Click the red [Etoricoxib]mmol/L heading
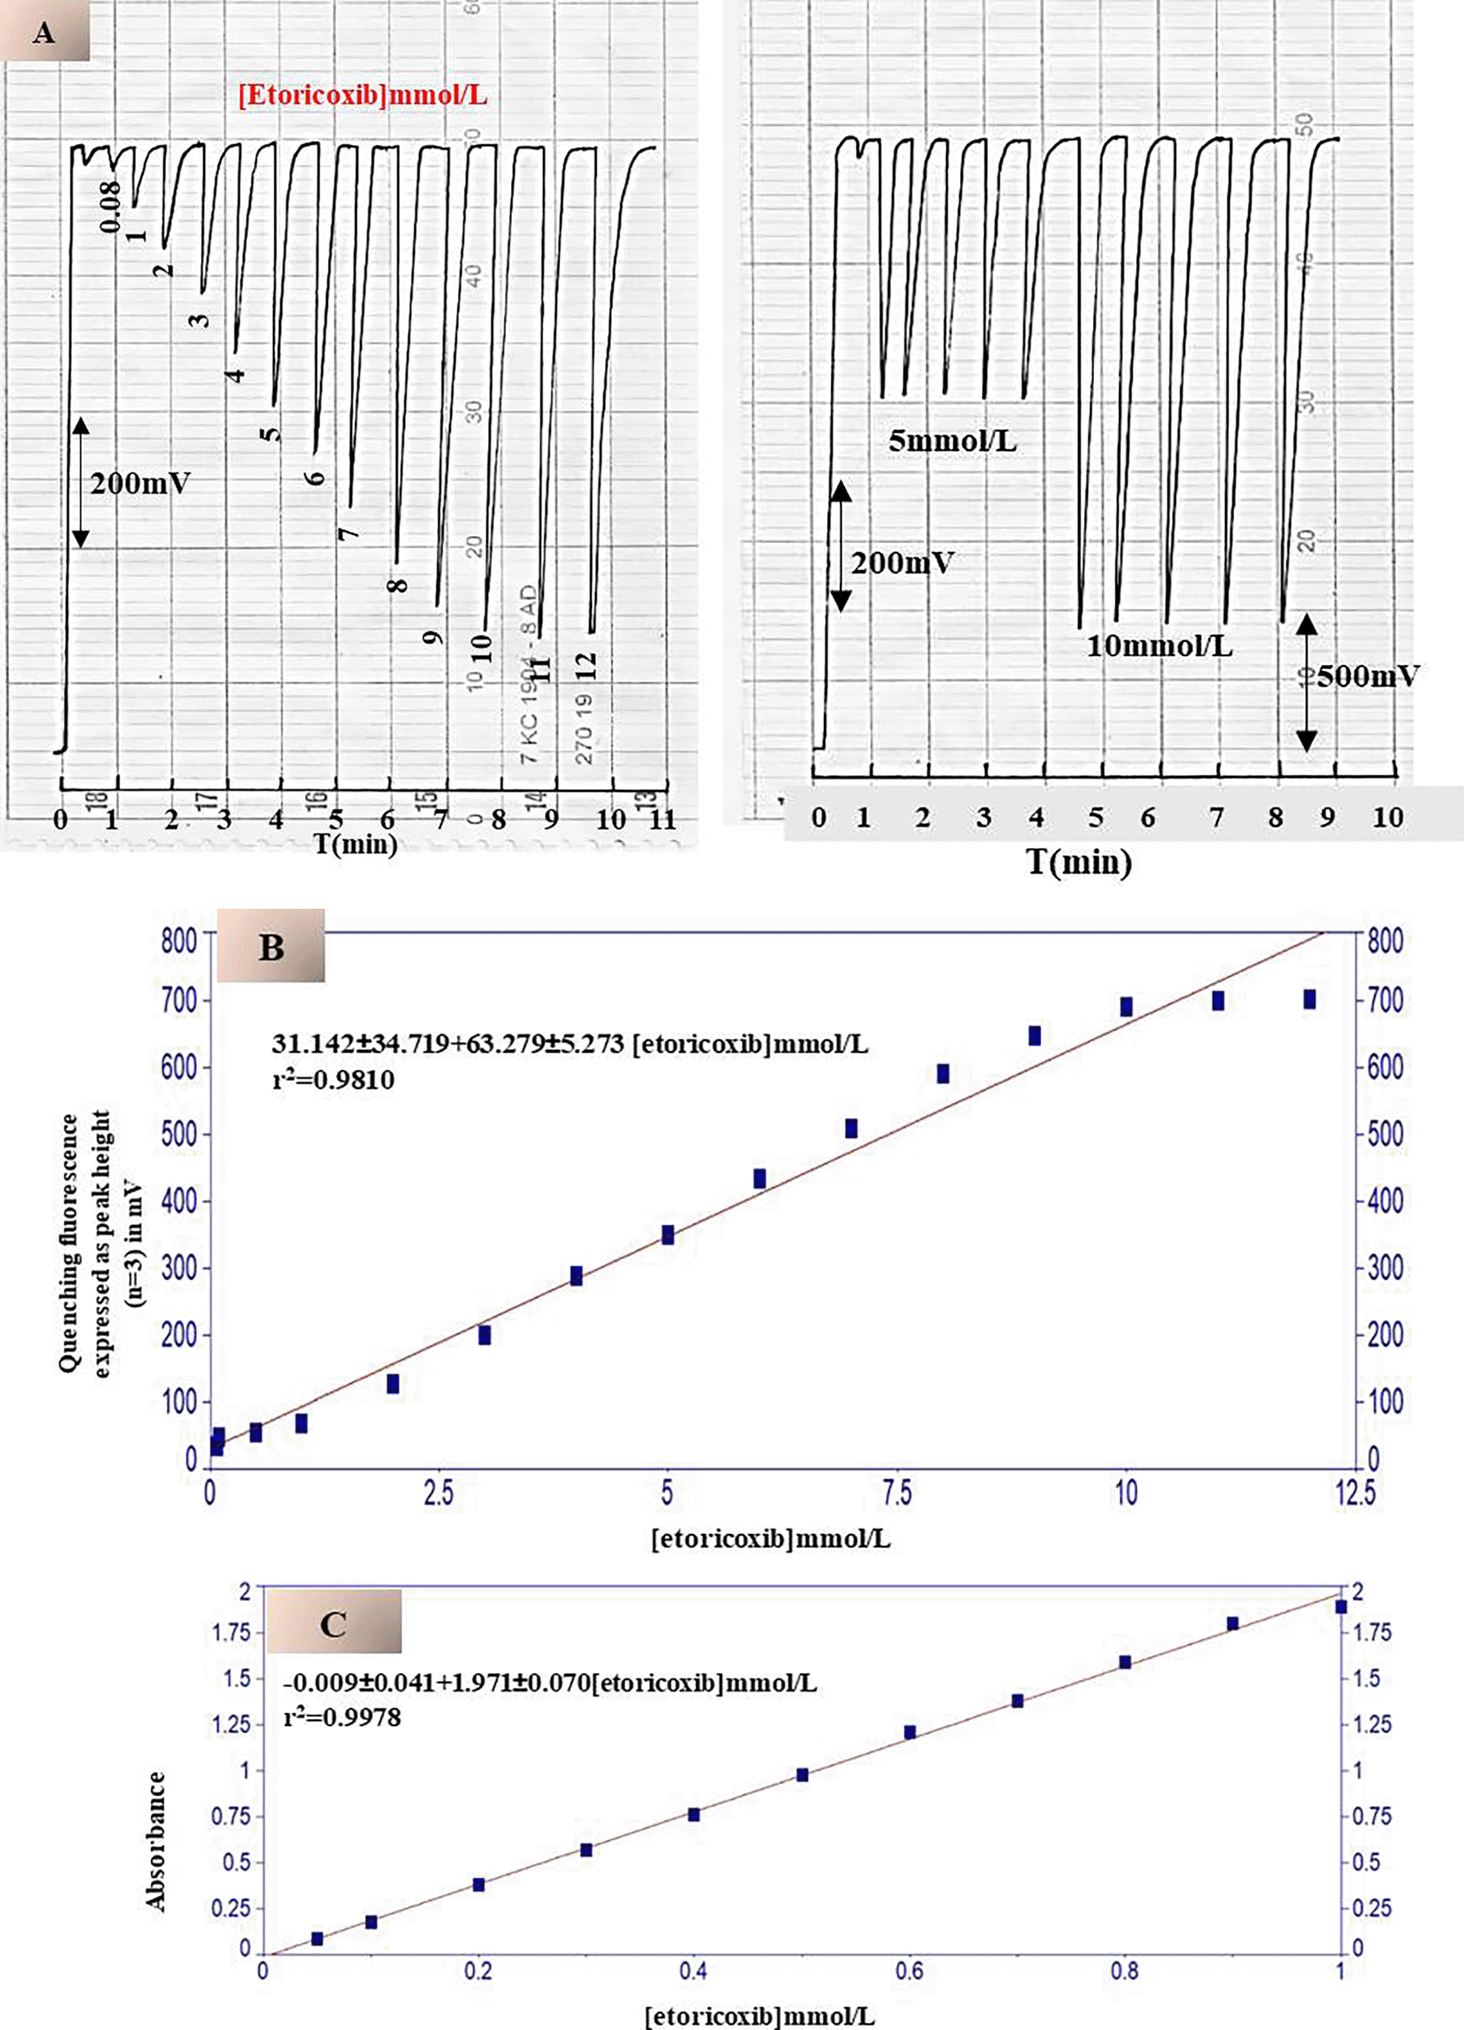[363, 95]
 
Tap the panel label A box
[44, 33]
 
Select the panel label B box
[271, 947]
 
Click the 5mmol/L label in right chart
[952, 442]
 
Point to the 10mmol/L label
[1159, 646]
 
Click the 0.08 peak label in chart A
[111, 206]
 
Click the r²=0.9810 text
[333, 1081]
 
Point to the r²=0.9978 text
[342, 1718]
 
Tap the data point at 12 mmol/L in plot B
[1309, 1000]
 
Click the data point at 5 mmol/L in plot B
[667, 1235]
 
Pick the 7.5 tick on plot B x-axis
[895, 1492]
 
